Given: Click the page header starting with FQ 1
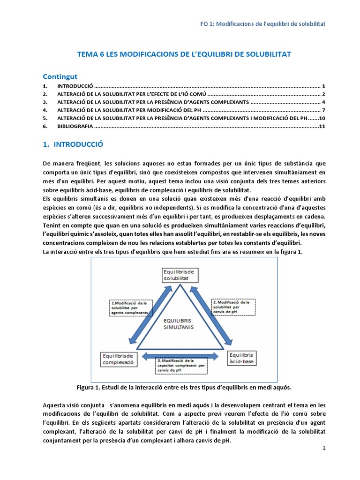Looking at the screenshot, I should tap(262, 23).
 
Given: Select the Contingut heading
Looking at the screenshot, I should tap(60, 76).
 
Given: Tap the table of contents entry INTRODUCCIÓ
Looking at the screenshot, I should tap(75, 87).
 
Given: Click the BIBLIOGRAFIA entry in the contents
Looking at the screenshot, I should tap(75, 127).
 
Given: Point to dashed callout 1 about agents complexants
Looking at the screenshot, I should tap(131, 307).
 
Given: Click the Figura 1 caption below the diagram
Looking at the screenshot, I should tap(184, 388).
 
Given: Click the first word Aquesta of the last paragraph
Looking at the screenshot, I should tap(55, 405).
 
